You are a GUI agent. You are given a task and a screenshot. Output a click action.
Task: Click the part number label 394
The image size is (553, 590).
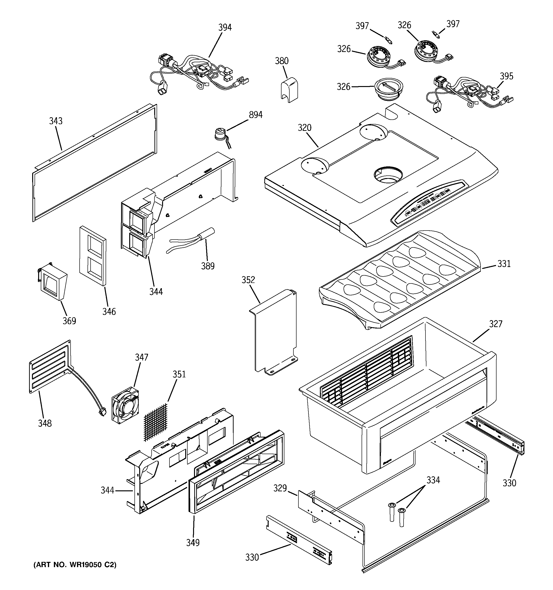pos(225,28)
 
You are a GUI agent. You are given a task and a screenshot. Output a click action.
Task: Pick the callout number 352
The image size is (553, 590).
pos(248,280)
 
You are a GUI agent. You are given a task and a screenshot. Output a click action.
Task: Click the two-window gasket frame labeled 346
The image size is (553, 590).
pos(93,256)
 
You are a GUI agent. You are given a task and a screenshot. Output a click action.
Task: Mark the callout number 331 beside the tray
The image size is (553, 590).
pos(504,264)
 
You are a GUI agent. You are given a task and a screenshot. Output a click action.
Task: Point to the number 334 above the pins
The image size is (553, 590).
pos(433,480)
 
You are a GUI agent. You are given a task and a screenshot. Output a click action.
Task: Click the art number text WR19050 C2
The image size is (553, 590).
pos(75,565)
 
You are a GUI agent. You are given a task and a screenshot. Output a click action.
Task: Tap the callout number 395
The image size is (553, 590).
pos(506,76)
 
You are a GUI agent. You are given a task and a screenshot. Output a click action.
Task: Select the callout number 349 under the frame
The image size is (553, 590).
pos(193,543)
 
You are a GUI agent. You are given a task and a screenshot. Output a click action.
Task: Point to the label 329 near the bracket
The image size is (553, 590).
pos(280,488)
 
